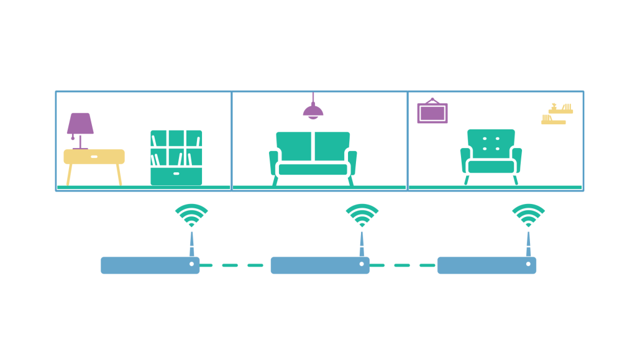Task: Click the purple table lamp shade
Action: (80, 123)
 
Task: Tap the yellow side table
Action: (94, 157)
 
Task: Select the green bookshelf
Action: (176, 157)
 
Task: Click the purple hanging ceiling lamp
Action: (313, 111)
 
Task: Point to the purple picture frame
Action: (432, 113)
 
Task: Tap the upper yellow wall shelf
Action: (560, 110)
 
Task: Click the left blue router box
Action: (149, 265)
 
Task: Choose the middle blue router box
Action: (319, 265)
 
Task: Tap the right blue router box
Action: (486, 265)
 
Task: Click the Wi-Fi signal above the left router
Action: (191, 215)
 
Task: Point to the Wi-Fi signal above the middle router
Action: (362, 215)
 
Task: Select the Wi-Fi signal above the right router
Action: (528, 215)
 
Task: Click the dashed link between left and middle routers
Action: (235, 265)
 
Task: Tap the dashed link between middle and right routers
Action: (403, 265)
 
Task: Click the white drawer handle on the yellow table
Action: (94, 157)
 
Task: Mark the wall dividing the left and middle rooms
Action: (231, 141)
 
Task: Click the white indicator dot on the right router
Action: (528, 264)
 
